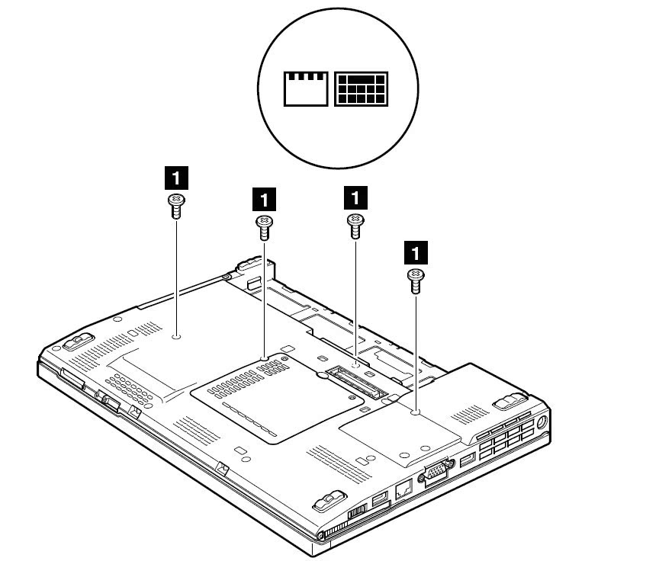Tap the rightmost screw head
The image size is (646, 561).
(x=416, y=274)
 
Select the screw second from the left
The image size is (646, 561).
(x=264, y=222)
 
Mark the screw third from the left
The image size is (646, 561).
(x=355, y=220)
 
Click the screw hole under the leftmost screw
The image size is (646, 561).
(x=176, y=335)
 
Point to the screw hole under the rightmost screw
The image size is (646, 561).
(x=416, y=412)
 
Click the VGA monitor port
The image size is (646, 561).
(x=434, y=474)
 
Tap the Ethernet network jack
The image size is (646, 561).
(x=403, y=485)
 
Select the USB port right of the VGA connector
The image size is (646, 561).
(x=468, y=460)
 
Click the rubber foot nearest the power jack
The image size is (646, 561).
(x=506, y=400)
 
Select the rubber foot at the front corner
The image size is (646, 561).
(x=327, y=501)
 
